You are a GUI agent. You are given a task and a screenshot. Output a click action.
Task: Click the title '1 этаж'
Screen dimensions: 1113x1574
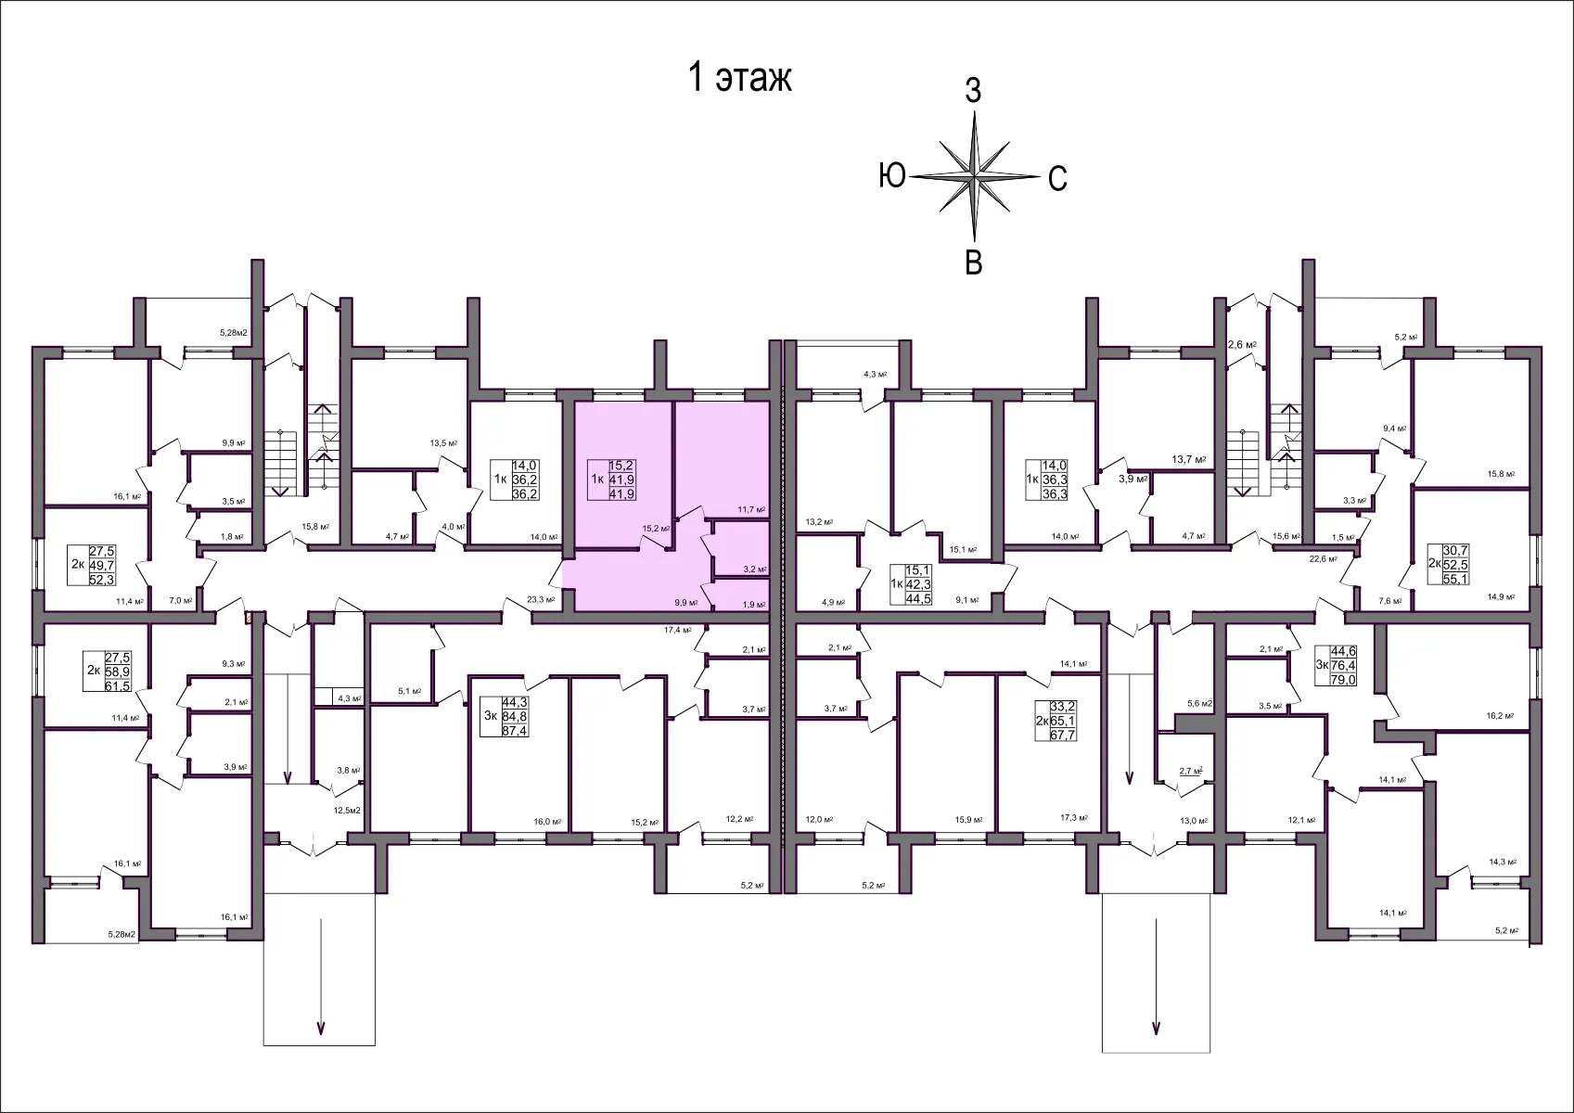pyautogui.click(x=738, y=78)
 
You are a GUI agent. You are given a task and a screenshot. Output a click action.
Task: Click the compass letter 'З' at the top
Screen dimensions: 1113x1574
pyautogui.click(x=973, y=91)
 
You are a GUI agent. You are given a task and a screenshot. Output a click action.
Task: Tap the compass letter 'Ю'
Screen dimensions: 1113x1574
pyautogui.click(x=892, y=174)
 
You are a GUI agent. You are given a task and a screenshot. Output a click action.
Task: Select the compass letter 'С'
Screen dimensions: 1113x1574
pyautogui.click(x=1057, y=178)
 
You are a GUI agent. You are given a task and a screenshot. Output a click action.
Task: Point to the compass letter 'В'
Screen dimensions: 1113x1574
pyautogui.click(x=973, y=262)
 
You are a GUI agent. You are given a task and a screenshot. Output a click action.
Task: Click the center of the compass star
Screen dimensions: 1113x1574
pyautogui.click(x=974, y=175)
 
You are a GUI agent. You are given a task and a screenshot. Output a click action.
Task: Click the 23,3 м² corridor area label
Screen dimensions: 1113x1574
pyautogui.click(x=540, y=600)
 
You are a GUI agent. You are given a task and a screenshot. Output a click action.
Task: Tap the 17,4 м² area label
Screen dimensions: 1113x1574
pyautogui.click(x=678, y=630)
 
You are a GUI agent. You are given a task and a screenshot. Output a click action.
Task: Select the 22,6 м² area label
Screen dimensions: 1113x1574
pyautogui.click(x=1322, y=558)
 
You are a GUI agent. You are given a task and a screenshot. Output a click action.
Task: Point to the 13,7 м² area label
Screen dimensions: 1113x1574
pyautogui.click(x=1188, y=459)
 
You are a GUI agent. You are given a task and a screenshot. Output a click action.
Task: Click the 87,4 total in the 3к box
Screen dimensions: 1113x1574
pyautogui.click(x=515, y=731)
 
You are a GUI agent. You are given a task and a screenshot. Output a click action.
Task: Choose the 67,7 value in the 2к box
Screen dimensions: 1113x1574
pyautogui.click(x=1062, y=736)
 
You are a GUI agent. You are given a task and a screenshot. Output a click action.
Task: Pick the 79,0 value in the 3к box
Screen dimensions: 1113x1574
pyautogui.click(x=1343, y=680)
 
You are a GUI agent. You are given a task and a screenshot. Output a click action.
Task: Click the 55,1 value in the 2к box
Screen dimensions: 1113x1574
pyautogui.click(x=1455, y=579)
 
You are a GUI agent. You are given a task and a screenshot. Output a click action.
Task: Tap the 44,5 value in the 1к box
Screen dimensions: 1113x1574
pyautogui.click(x=918, y=598)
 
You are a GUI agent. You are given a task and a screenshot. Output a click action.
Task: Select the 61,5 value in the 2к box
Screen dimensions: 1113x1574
pyautogui.click(x=118, y=685)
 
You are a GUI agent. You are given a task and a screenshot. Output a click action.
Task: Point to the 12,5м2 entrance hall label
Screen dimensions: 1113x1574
pyautogui.click(x=347, y=810)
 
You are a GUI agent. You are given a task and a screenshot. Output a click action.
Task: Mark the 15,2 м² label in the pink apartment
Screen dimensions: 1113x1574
pyautogui.click(x=656, y=529)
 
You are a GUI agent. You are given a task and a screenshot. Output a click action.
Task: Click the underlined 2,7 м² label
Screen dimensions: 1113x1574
pyautogui.click(x=1190, y=771)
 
